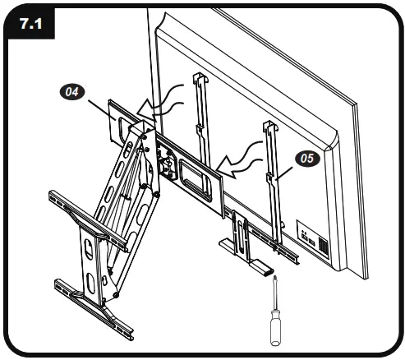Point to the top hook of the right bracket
[268, 128]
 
